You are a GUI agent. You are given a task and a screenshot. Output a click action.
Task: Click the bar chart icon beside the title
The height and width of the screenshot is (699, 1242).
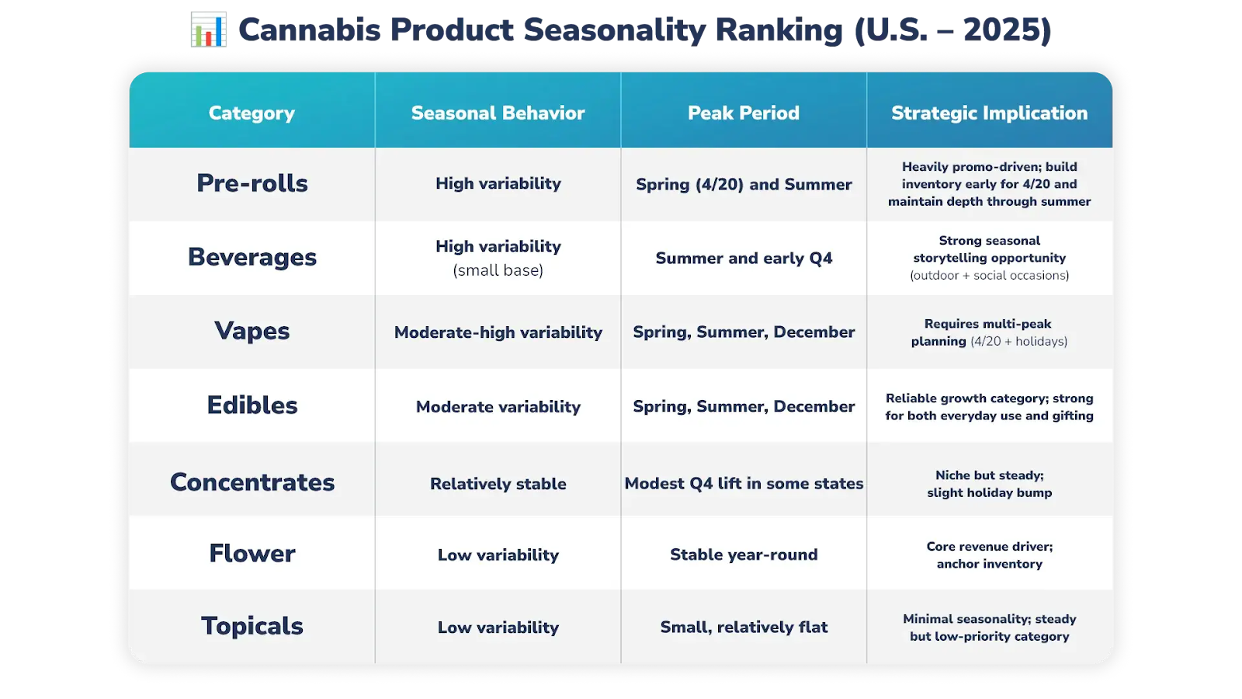209,30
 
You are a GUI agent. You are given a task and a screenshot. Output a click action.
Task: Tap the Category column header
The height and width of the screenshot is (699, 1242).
252,113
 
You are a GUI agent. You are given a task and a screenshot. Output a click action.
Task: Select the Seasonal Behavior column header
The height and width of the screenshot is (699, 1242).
498,113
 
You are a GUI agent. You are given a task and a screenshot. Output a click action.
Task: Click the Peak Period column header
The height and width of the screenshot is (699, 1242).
744,113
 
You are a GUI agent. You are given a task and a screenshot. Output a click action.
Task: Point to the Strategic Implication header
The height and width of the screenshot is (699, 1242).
989,113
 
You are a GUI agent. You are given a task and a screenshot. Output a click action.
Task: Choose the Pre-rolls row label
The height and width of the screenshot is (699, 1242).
252,183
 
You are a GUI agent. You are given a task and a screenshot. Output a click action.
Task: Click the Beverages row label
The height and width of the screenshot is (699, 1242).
252,257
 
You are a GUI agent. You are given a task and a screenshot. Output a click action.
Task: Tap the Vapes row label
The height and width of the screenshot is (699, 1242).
252,331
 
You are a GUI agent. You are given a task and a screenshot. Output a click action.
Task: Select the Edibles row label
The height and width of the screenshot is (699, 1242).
252,405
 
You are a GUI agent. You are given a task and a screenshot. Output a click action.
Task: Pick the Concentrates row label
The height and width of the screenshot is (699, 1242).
252,482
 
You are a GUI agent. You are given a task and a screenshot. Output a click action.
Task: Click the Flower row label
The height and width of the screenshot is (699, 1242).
252,553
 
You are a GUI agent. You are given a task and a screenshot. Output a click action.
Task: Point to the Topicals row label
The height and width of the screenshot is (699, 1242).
252,626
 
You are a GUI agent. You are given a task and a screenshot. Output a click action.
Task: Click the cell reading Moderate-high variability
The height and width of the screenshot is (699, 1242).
498,332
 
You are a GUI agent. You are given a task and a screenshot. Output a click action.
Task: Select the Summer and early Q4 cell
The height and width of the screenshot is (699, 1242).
744,258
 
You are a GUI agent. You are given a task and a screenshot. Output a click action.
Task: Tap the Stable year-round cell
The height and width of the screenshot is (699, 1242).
744,555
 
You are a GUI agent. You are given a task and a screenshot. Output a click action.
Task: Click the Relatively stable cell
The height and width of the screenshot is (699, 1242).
498,484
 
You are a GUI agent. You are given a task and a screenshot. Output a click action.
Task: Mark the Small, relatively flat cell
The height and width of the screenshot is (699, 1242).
744,628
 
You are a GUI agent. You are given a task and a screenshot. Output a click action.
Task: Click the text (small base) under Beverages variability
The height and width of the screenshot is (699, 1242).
498,270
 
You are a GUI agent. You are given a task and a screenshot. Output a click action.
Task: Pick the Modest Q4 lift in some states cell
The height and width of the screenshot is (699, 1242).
744,484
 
